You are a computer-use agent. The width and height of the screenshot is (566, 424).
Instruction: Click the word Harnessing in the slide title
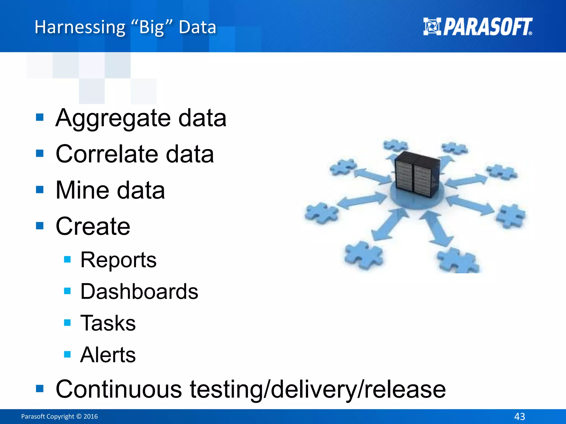click(80, 27)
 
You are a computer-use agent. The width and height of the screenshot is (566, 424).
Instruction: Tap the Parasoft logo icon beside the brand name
click(432, 26)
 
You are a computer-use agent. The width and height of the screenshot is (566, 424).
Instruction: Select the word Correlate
click(107, 154)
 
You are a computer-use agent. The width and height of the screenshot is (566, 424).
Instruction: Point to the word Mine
click(83, 190)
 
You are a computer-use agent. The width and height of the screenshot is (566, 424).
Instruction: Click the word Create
click(93, 226)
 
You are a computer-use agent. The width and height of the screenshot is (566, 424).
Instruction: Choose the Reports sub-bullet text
click(118, 260)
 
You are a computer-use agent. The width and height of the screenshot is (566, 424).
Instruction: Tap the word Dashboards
click(139, 291)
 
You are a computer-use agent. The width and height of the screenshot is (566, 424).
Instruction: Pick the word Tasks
click(108, 323)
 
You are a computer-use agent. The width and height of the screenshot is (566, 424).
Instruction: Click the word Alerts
click(108, 355)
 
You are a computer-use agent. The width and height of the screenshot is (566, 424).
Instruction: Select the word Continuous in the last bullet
click(119, 389)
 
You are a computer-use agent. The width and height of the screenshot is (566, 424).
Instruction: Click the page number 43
click(520, 416)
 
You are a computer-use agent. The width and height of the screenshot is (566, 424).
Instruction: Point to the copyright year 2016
click(91, 416)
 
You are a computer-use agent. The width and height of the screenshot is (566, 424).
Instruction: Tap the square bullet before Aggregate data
click(40, 117)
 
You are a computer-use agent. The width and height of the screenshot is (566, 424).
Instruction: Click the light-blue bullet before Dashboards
click(67, 291)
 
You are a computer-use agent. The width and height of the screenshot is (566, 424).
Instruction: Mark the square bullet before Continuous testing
click(40, 388)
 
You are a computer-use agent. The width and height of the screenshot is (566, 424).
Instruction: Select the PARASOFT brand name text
click(488, 27)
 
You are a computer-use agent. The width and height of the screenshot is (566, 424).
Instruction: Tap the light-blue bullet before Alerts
click(67, 354)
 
